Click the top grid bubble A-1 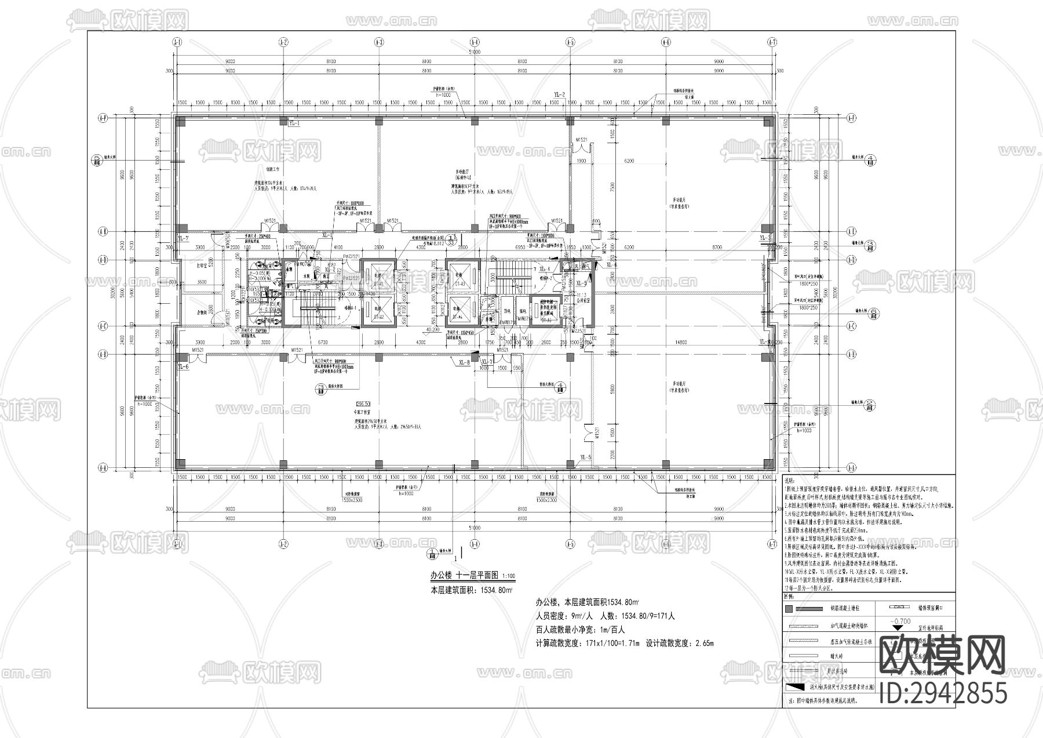pyautogui.click(x=177, y=42)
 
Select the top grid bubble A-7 pyautogui.click(x=772, y=42)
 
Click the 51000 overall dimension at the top pyautogui.click(x=475, y=52)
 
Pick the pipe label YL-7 pyautogui.click(x=183, y=238)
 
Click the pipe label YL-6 pyautogui.click(x=183, y=367)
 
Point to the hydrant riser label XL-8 pyautogui.click(x=464, y=362)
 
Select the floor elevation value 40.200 pyautogui.click(x=432, y=330)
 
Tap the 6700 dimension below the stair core pyautogui.click(x=322, y=343)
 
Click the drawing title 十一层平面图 pyautogui.click(x=477, y=575)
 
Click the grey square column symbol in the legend pyautogui.click(x=788, y=609)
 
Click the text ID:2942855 pyautogui.click(x=942, y=693)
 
